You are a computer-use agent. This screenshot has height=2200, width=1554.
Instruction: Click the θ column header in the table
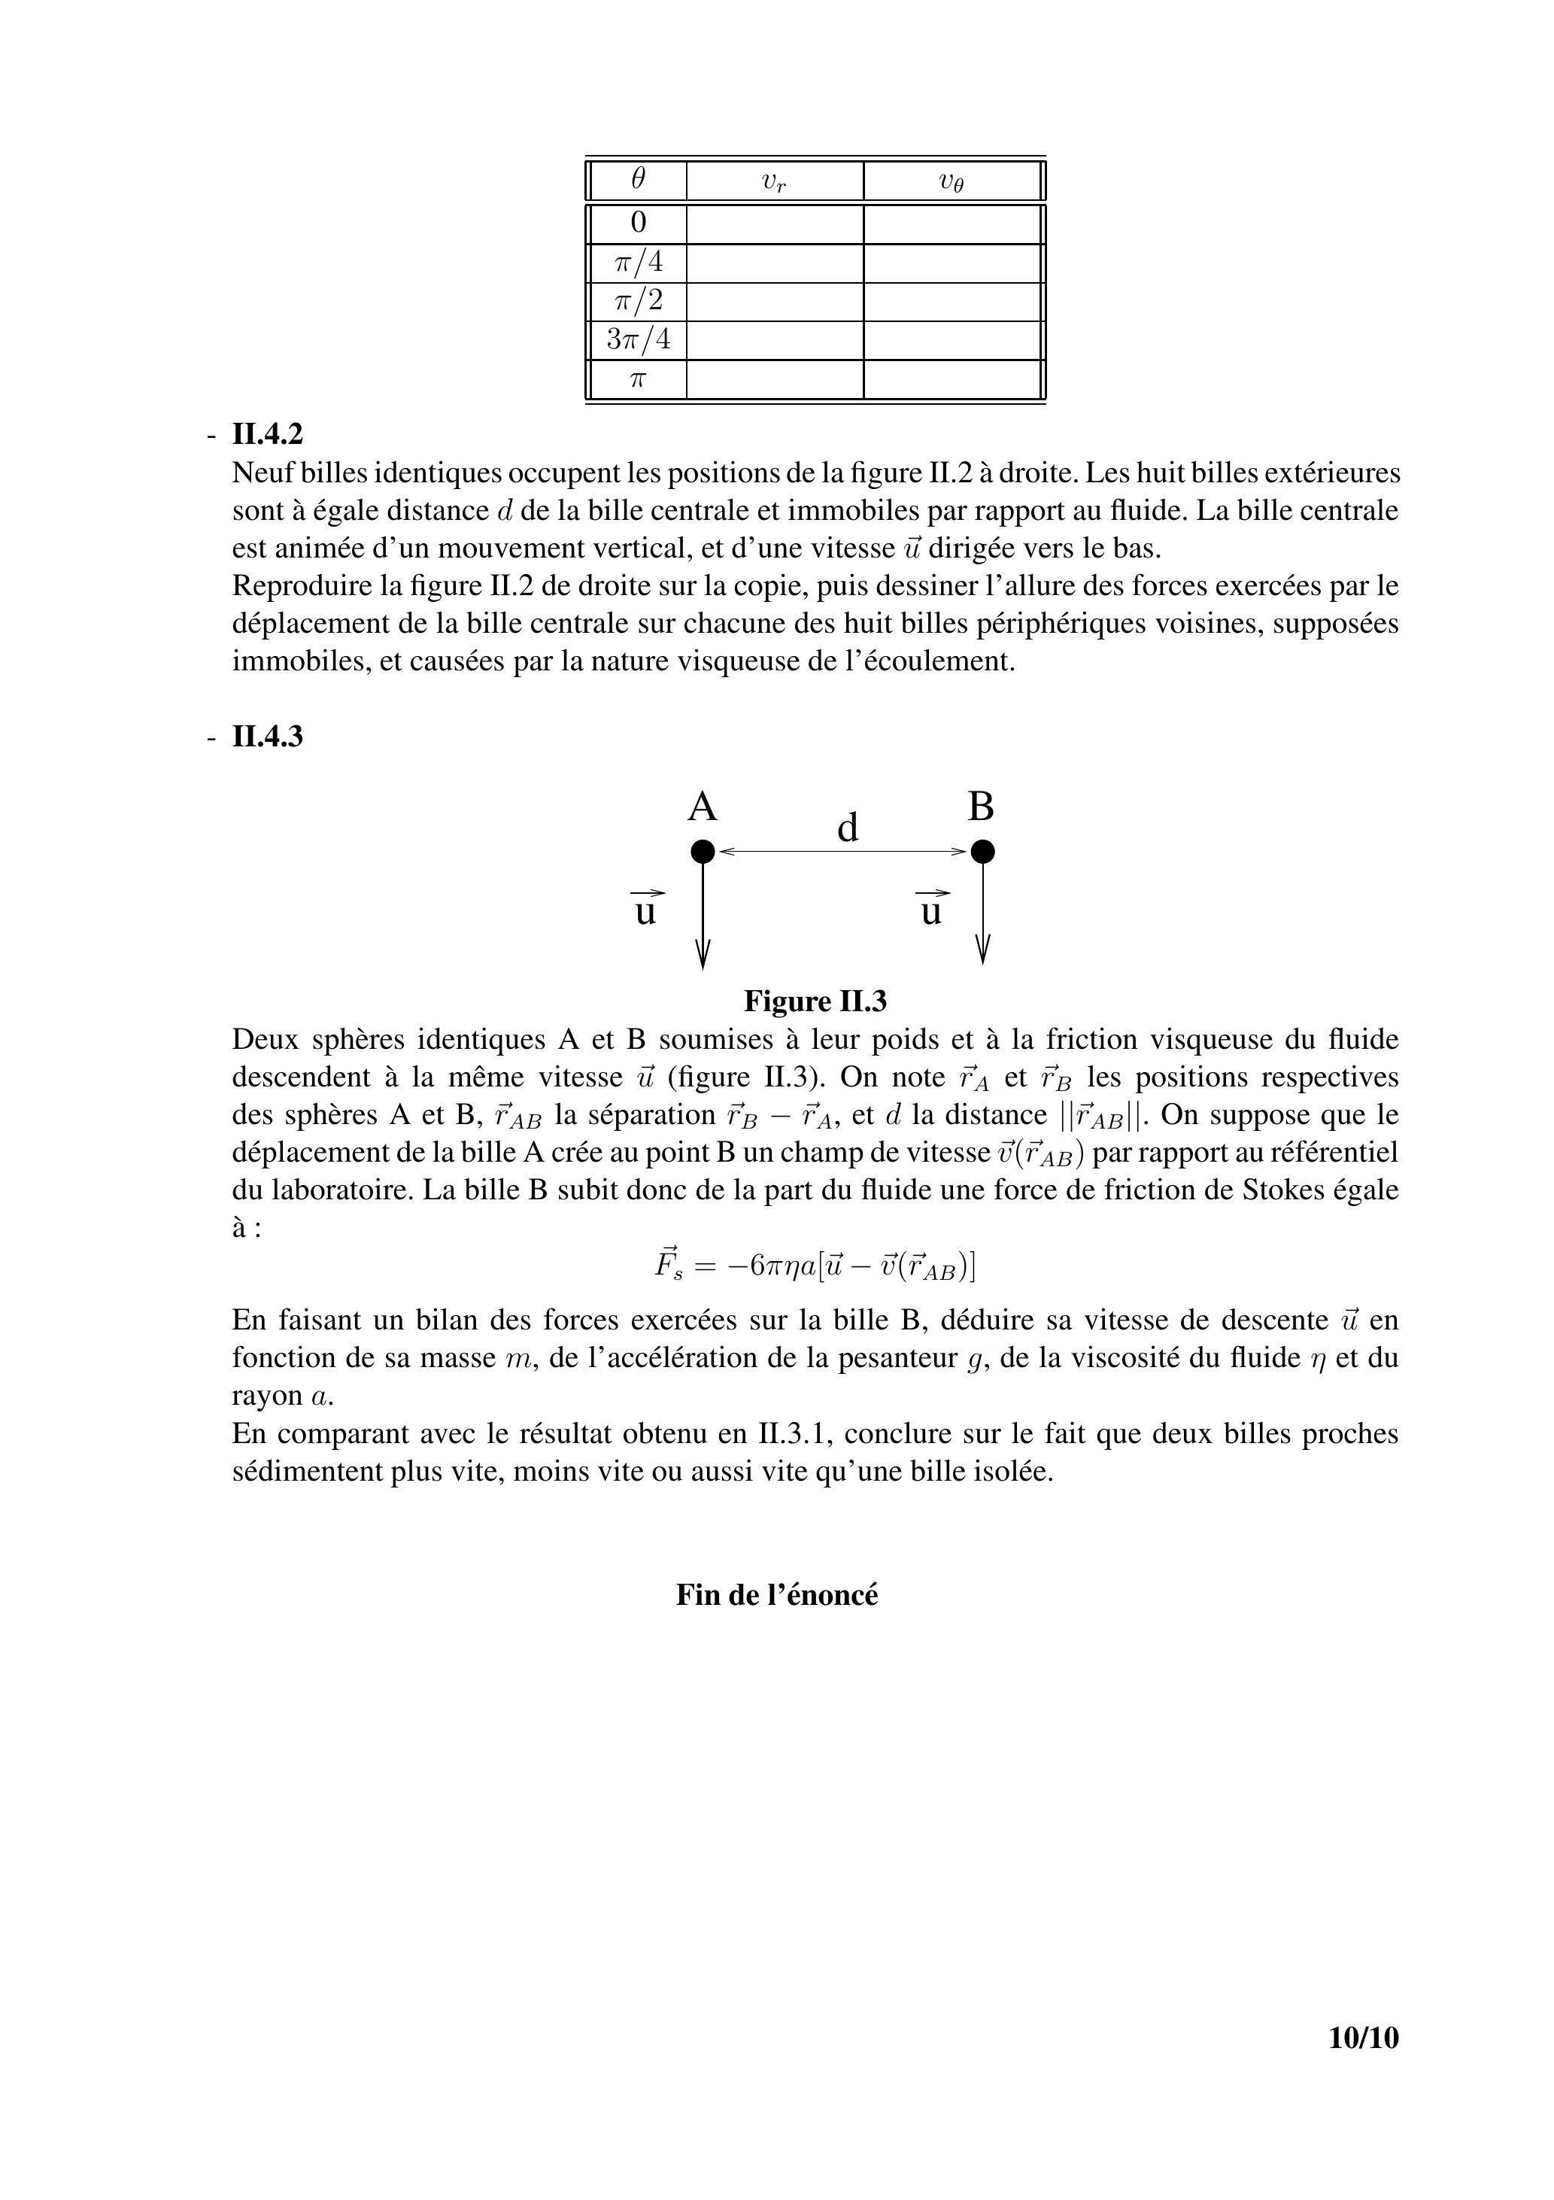[x=638, y=179]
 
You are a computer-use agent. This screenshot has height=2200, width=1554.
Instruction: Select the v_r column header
[x=774, y=181]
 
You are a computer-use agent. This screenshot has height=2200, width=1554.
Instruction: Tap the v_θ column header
[x=952, y=181]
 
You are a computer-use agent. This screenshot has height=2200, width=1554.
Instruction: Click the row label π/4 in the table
[x=638, y=263]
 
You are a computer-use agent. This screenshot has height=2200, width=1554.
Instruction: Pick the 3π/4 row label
[x=638, y=339]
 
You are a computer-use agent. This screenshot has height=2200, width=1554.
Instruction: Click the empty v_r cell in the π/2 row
[x=775, y=302]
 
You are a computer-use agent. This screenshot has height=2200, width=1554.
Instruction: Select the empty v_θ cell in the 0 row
[x=952, y=224]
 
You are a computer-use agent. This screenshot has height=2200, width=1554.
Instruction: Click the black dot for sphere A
[x=703, y=851]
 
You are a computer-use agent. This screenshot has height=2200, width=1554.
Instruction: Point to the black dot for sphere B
[x=982, y=851]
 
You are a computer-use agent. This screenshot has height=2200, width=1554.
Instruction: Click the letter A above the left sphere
[x=703, y=808]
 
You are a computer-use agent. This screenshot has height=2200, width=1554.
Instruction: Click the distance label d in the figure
[x=847, y=828]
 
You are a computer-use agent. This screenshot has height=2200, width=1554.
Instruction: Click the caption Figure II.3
[x=815, y=1002]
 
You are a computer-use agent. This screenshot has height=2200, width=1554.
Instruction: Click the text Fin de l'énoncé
[x=777, y=1595]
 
